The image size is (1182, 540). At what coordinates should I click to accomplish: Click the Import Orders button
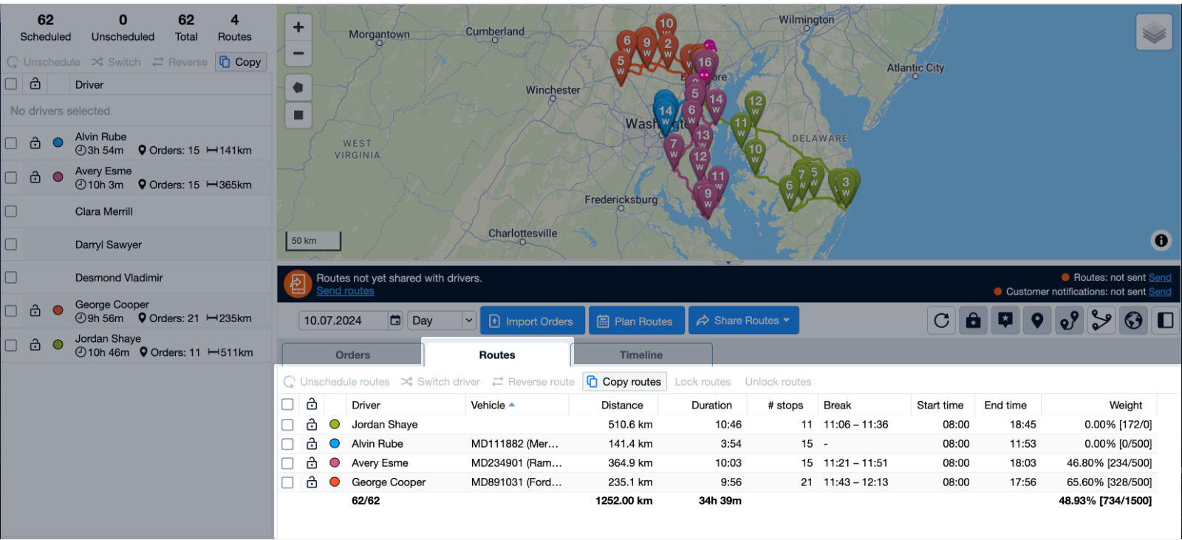point(532,321)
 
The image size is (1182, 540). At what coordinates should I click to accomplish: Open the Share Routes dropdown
point(743,321)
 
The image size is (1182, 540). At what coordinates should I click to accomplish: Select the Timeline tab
point(640,355)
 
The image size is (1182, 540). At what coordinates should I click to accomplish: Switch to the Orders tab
point(352,355)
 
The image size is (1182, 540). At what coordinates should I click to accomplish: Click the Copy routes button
point(624,381)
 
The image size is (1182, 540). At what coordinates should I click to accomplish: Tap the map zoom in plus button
point(298,27)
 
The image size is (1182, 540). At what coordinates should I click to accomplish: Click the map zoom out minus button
point(298,53)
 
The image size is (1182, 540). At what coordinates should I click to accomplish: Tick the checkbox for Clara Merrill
point(11,211)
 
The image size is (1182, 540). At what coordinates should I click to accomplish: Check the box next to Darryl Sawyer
point(11,245)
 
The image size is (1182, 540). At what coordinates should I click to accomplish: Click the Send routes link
point(345,291)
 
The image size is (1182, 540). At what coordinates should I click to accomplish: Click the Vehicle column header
point(488,405)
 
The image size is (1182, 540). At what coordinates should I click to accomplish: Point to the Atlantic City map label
point(915,68)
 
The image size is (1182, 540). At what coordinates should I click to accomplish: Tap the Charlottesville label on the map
point(522,233)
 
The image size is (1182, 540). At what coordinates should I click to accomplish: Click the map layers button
point(1154,33)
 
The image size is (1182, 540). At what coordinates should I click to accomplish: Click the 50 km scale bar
point(313,241)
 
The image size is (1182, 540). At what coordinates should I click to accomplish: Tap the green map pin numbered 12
point(755,104)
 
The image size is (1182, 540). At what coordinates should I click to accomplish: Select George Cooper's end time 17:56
point(1022,482)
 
